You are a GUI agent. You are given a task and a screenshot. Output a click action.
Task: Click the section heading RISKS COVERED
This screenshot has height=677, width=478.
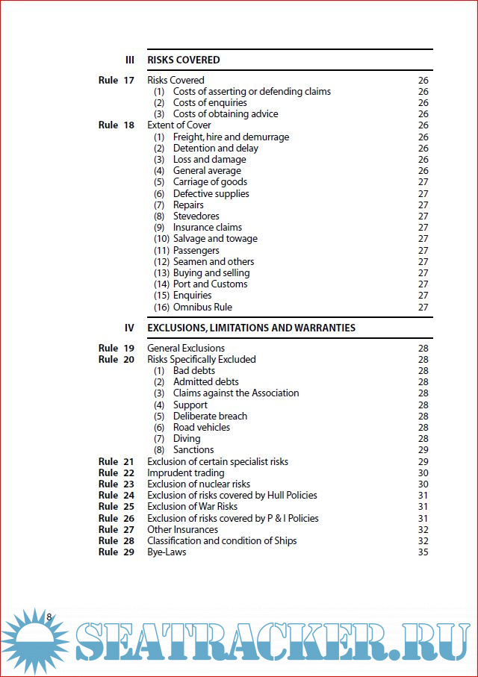click(x=184, y=60)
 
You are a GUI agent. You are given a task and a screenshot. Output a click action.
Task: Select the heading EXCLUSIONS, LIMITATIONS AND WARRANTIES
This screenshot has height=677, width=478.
click(x=251, y=328)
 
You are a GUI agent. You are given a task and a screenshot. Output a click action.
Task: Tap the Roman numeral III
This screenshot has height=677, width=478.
click(x=129, y=60)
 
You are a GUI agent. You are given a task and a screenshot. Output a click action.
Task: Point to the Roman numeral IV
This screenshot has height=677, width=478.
click(x=129, y=328)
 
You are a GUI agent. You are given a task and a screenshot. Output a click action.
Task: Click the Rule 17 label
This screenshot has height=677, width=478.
click(x=117, y=80)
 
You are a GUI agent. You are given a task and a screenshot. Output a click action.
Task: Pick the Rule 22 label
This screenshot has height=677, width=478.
click(x=117, y=472)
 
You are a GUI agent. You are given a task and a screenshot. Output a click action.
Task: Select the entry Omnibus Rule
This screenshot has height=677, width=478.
click(x=202, y=307)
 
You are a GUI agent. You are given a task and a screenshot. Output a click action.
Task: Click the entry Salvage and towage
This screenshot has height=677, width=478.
click(x=215, y=239)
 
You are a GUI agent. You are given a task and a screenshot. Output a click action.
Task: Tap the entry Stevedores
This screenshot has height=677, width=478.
click(x=196, y=216)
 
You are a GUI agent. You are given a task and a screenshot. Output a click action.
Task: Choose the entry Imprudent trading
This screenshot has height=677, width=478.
click(x=185, y=472)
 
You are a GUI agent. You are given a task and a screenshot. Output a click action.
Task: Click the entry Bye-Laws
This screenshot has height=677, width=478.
click(x=167, y=552)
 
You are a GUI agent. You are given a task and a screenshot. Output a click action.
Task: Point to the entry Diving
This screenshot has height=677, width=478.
click(x=187, y=438)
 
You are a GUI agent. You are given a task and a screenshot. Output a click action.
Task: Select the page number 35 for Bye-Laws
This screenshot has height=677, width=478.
click(x=423, y=552)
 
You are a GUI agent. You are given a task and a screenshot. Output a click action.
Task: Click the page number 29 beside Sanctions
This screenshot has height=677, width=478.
click(x=423, y=449)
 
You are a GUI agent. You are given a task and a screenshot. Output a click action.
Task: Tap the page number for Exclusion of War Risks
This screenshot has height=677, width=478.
click(x=423, y=506)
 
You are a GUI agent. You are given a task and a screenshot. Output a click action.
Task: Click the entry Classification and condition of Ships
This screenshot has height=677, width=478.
click(x=222, y=540)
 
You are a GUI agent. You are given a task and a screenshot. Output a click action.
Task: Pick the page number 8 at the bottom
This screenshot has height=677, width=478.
click(x=49, y=617)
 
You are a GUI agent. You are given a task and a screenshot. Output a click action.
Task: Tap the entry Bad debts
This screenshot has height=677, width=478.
click(x=194, y=370)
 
